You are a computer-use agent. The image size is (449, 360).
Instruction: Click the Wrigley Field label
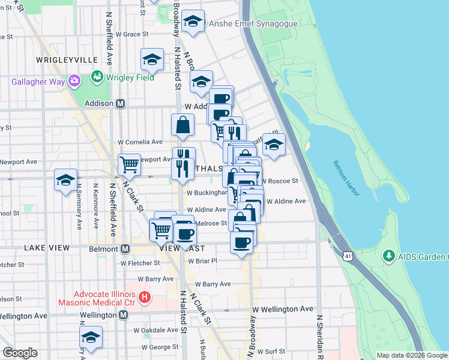click(x=130, y=77)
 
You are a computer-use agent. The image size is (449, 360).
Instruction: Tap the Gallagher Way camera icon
click(x=74, y=80)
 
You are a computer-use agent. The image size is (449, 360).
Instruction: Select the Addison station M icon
click(x=120, y=103)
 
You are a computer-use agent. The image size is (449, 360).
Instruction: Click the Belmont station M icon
click(x=125, y=248)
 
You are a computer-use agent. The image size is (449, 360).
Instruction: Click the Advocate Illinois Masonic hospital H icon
click(x=144, y=296)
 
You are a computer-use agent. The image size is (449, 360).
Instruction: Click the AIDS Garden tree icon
click(x=388, y=257)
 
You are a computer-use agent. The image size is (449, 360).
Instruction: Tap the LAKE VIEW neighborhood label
click(x=47, y=247)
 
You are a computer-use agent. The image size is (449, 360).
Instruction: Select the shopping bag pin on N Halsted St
click(x=182, y=126)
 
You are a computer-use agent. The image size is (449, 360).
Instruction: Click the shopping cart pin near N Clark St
click(x=129, y=164)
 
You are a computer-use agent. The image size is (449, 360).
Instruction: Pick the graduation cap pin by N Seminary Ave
click(x=65, y=180)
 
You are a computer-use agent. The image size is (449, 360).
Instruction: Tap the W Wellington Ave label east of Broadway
click(x=282, y=308)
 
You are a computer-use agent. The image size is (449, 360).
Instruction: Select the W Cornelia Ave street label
click(x=140, y=142)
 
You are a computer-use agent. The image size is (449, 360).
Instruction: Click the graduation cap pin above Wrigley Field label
click(x=152, y=60)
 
